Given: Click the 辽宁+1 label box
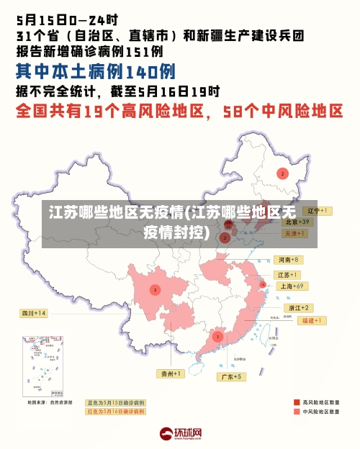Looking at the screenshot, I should point(318,211).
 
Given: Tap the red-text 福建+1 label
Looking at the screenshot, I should point(313,319).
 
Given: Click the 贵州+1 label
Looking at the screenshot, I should point(172,373).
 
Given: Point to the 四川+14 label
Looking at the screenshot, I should point(34,313).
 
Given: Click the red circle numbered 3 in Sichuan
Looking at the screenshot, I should point(155,289).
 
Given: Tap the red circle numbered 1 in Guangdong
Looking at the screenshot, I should point(217,336).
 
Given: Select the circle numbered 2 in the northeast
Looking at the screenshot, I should point(283,173).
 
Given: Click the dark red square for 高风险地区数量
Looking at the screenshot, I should point(296,402).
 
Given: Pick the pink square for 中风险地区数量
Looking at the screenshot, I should point(296,412).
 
